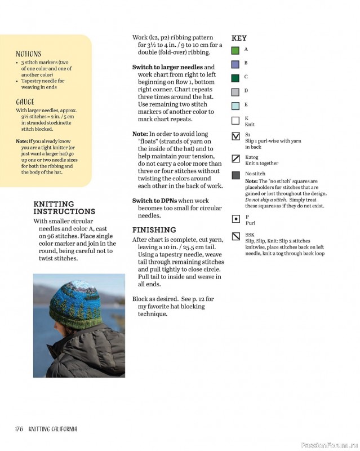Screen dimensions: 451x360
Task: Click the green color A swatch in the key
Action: pyautogui.click(x=235, y=51)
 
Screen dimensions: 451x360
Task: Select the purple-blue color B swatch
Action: pyautogui.click(x=235, y=64)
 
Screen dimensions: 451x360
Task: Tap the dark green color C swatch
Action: pyautogui.click(x=235, y=78)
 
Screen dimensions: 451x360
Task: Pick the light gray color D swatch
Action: pyautogui.click(x=235, y=92)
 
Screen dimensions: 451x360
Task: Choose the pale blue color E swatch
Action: pyautogui.click(x=235, y=105)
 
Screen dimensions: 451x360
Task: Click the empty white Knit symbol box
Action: pyautogui.click(x=235, y=120)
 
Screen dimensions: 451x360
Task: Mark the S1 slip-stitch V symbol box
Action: pyautogui.click(x=235, y=136)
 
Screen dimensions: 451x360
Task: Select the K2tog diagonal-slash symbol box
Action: pyautogui.click(x=235, y=158)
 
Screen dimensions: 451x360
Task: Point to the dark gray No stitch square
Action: pyautogui.click(x=235, y=175)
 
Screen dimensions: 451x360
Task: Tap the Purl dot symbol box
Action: pyautogui.click(x=235, y=218)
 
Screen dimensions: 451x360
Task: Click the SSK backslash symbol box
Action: pyautogui.click(x=235, y=236)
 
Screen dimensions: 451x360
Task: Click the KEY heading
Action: pyautogui.click(x=239, y=38)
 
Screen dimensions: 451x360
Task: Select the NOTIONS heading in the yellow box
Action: pyautogui.click(x=28, y=54)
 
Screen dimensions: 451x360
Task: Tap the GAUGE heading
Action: pyautogui.click(x=25, y=102)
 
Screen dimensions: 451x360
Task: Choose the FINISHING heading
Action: pyautogui.click(x=154, y=230)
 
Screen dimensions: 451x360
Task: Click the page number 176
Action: pyautogui.click(x=19, y=429)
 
